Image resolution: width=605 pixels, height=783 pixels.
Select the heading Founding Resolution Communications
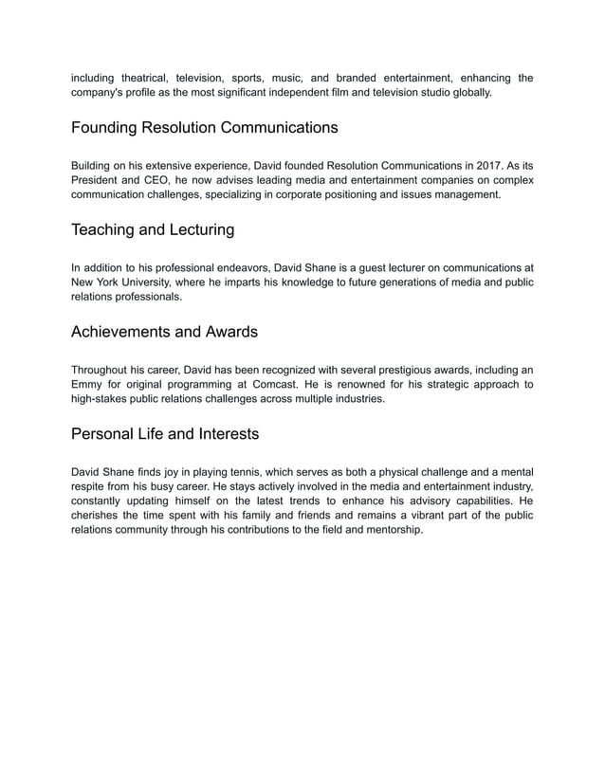pyautogui.click(x=205, y=127)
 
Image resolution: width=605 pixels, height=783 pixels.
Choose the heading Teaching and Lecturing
pyautogui.click(x=153, y=229)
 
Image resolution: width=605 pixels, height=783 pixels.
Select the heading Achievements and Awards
pyautogui.click(x=164, y=332)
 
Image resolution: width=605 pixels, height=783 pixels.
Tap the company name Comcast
pyautogui.click(x=279, y=385)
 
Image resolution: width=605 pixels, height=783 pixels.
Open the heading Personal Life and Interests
pyautogui.click(x=165, y=434)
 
